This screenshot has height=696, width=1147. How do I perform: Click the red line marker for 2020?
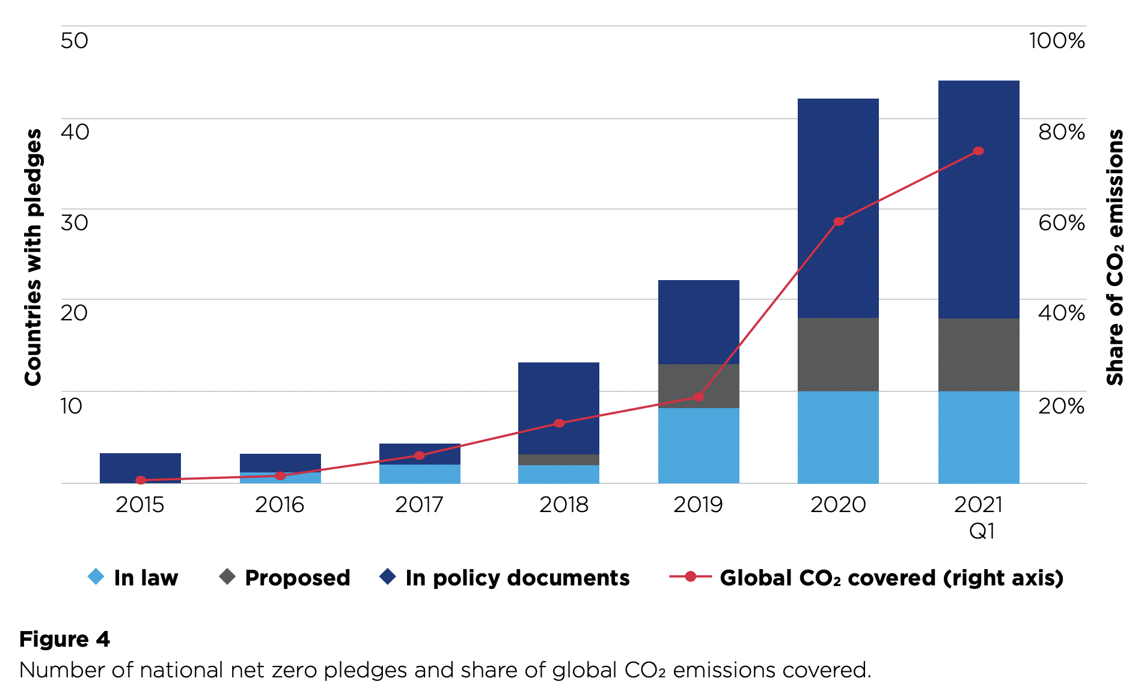(x=839, y=221)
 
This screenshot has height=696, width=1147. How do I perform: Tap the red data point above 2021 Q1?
(x=978, y=151)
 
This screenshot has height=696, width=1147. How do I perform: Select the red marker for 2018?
(x=559, y=423)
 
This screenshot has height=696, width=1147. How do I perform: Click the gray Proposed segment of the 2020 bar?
(x=838, y=355)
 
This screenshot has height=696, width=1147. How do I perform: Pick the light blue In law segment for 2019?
(x=699, y=445)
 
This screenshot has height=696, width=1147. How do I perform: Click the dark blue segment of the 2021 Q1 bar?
(x=979, y=198)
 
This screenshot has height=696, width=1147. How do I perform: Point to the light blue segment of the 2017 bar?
(x=420, y=474)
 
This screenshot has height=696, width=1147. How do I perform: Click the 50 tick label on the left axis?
(x=75, y=41)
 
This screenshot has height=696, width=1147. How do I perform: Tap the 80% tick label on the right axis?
(x=1061, y=132)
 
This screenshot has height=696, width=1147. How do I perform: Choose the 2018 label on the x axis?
(x=563, y=505)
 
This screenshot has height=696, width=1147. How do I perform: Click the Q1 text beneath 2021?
(x=982, y=531)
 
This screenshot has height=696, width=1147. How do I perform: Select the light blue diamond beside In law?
(x=96, y=577)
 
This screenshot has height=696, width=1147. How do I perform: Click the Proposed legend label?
(x=297, y=578)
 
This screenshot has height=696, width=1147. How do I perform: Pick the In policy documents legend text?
(x=517, y=578)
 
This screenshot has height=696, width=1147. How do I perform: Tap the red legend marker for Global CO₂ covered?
(x=690, y=577)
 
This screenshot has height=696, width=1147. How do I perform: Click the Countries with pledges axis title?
(x=32, y=257)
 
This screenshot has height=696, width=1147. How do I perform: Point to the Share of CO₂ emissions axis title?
(x=1115, y=257)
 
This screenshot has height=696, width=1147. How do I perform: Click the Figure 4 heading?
(x=64, y=639)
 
